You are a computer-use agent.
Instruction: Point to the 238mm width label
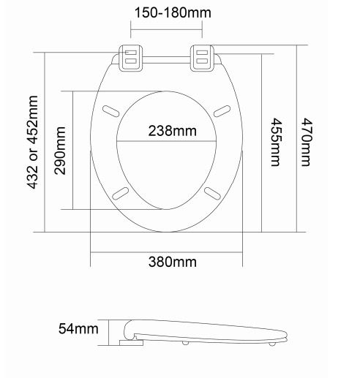coord(168,132)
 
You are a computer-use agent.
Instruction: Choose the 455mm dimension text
coord(275,142)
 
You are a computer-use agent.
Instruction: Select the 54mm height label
coord(78,329)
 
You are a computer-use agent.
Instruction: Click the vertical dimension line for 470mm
coord(297,139)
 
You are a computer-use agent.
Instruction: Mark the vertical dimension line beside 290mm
coord(73,150)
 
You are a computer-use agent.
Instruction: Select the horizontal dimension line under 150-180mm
coord(168,29)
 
